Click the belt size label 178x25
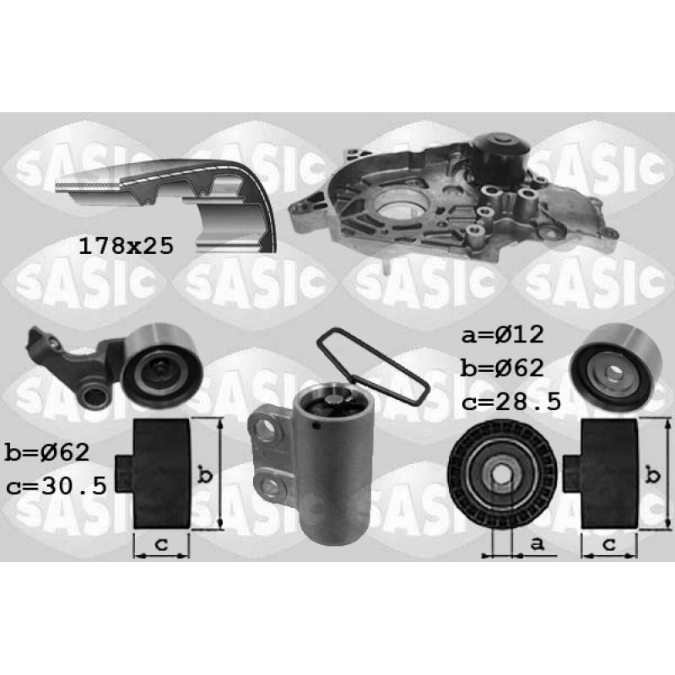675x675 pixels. click(x=126, y=246)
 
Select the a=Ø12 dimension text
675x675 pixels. click(x=502, y=334)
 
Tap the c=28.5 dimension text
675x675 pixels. click(x=511, y=402)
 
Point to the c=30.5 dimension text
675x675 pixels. click(x=57, y=486)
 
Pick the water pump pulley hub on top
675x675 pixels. click(x=501, y=152)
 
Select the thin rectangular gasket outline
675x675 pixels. click(x=371, y=365)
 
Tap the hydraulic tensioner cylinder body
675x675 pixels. click(x=332, y=462)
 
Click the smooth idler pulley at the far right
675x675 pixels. click(x=616, y=368)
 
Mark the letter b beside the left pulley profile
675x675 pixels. click(x=205, y=475)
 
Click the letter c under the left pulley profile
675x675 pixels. click(x=161, y=544)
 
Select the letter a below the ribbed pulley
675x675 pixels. click(x=537, y=543)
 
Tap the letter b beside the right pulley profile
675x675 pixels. click(x=653, y=475)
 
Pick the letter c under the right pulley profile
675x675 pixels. click(x=609, y=544)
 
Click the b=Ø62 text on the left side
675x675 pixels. click(x=47, y=452)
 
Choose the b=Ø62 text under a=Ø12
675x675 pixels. click(x=502, y=368)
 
